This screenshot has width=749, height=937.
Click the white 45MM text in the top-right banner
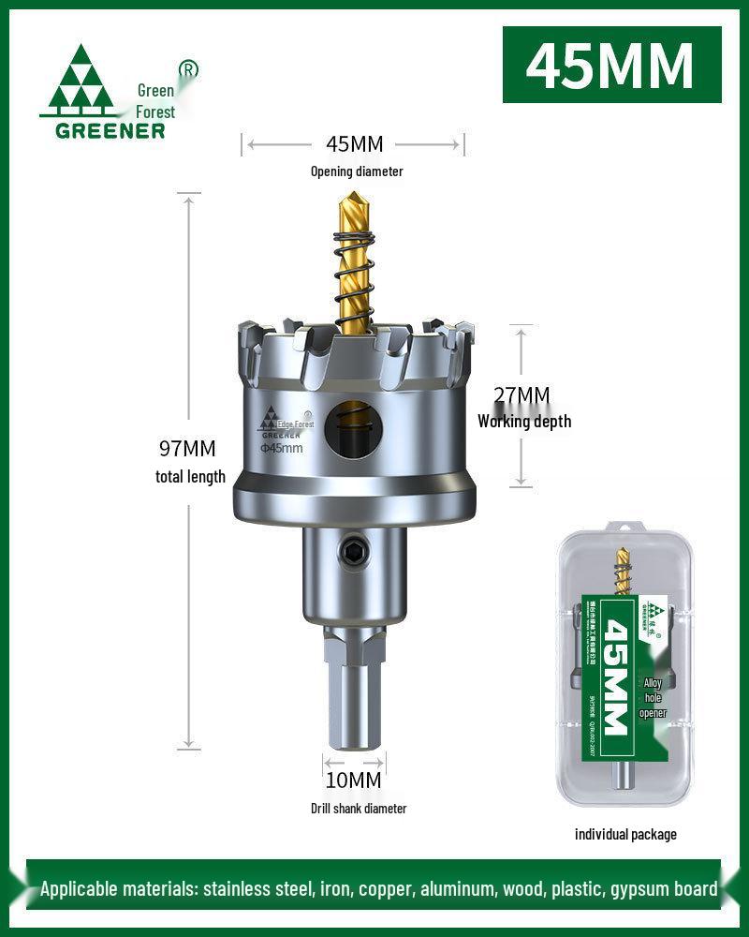[x=611, y=65]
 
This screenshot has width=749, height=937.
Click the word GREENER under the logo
[x=110, y=130]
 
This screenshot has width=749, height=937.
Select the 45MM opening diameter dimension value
[x=354, y=144]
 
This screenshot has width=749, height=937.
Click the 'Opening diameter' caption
[x=357, y=171]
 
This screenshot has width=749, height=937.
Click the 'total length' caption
[x=190, y=477]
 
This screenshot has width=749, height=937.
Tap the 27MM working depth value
[x=521, y=395]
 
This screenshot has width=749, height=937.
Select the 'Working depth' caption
[x=524, y=422]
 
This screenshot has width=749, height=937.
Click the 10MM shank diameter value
[x=354, y=780]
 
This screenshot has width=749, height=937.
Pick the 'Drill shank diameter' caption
[x=359, y=808]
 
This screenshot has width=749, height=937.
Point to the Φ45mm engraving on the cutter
[x=281, y=449]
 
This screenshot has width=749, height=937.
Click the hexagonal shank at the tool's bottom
[x=353, y=693]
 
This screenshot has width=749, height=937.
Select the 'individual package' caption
[x=625, y=834]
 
